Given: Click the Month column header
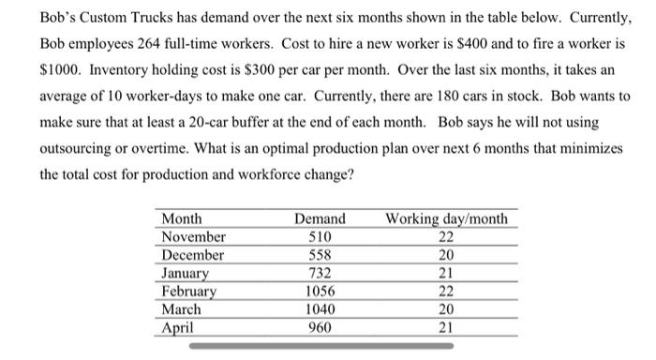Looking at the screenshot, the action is click(182, 219).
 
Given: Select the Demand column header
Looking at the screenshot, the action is click(320, 219).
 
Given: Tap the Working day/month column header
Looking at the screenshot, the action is click(447, 219).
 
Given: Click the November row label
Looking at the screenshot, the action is click(194, 237).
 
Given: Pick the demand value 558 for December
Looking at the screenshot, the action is click(320, 255).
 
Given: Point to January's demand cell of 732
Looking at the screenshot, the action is click(320, 273).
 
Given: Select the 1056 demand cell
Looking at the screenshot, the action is click(320, 291).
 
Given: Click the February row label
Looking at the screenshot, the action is click(189, 291).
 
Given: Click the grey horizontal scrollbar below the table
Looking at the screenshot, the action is click(320, 346).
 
